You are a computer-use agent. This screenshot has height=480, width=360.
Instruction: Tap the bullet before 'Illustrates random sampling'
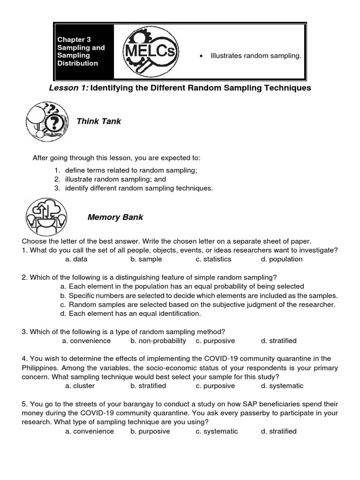201,56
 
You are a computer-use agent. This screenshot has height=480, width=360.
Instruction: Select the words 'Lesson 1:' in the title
68,88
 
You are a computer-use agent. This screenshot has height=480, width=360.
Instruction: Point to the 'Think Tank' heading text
99,121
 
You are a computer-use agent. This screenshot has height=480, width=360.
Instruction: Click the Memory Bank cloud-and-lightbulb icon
46,217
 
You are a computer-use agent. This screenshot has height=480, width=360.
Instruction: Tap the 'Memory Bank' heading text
115,217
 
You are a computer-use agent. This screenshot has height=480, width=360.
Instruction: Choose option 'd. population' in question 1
282,259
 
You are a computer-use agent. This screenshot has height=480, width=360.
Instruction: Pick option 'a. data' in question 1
76,259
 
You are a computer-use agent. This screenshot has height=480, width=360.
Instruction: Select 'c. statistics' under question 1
213,259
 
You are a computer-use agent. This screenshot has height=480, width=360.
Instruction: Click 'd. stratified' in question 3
279,341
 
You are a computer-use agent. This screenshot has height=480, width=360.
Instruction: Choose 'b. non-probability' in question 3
158,341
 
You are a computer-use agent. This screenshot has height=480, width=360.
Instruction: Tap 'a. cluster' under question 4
80,386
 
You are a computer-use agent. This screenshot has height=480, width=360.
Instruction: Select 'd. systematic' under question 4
282,386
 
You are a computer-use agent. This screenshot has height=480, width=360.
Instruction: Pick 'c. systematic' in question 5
217,431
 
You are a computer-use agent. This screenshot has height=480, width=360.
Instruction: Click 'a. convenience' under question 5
90,431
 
